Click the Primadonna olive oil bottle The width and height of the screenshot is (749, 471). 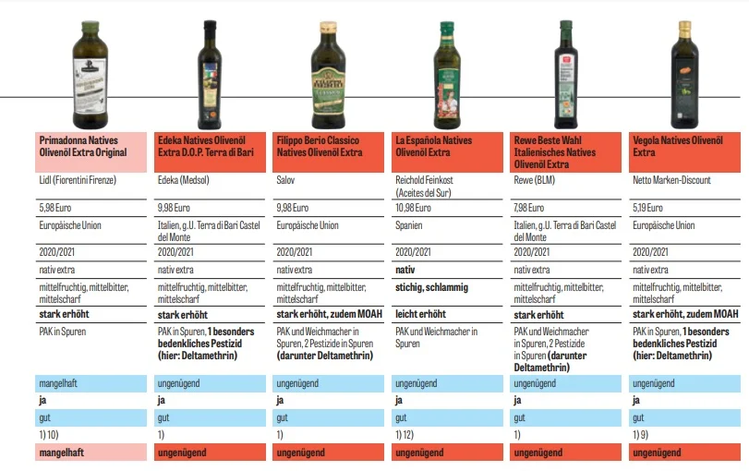point(90,75)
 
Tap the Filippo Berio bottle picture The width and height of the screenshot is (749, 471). point(328,75)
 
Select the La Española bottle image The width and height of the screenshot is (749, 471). point(447,75)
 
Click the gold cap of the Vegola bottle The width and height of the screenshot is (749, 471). point(685,26)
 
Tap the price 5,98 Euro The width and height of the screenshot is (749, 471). point(54,208)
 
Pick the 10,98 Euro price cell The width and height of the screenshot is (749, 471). point(413,208)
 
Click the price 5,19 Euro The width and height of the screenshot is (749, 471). point(647,208)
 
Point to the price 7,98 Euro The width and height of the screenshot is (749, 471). point(529,208)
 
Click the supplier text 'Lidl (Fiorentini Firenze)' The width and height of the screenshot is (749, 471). point(78,180)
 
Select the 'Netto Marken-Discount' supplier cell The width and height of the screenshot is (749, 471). point(671,180)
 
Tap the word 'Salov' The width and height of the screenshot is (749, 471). point(285,180)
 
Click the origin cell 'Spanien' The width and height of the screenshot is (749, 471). point(409,225)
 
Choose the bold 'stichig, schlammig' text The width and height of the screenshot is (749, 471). point(432,287)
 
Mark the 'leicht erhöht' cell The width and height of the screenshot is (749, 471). point(420,314)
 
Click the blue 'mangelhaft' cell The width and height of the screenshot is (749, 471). point(91,383)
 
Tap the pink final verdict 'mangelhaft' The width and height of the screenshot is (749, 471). point(91,453)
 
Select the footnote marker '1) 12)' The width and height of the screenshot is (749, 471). point(405,435)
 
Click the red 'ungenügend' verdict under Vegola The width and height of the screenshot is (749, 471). point(684,453)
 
